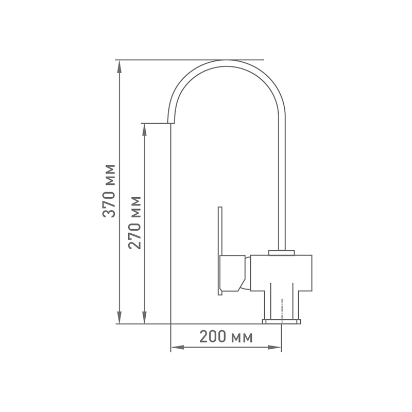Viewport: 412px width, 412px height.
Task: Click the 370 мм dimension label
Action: point(109,191)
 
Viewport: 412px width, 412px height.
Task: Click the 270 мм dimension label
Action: point(135,222)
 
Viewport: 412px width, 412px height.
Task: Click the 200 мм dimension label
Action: point(226,337)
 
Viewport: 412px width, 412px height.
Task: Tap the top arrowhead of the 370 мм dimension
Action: point(119,67)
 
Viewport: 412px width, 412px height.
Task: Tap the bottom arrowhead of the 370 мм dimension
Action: point(119,317)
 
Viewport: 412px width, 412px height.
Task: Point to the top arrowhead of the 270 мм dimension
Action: point(144,130)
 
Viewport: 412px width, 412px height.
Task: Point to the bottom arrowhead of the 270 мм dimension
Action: point(144,317)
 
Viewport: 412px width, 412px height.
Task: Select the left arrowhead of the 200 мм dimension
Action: point(178,347)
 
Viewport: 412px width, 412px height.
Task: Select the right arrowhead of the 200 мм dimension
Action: point(274,347)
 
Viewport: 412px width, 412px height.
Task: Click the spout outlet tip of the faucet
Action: point(171,123)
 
